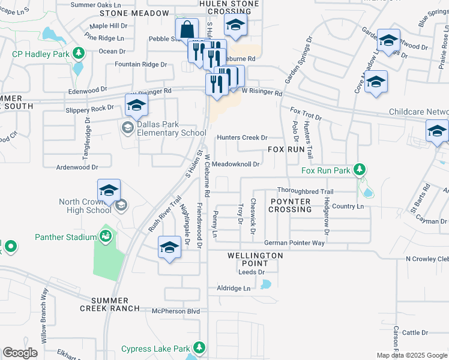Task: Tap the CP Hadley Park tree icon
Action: pyautogui.click(x=78, y=53)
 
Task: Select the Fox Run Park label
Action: pyautogui.click(x=326, y=171)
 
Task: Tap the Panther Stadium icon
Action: pyautogui.click(x=106, y=236)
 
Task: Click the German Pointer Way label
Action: pyautogui.click(x=294, y=243)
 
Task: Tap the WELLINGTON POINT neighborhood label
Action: pyautogui.click(x=255, y=259)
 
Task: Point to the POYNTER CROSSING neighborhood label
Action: pyautogui.click(x=291, y=205)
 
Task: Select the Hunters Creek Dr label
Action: pyautogui.click(x=242, y=137)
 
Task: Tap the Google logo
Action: pyautogui.click(x=20, y=353)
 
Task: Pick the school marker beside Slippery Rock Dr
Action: pyautogui.click(x=136, y=106)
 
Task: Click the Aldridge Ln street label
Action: pyautogui.click(x=234, y=289)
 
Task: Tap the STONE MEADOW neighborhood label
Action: pyautogui.click(x=134, y=13)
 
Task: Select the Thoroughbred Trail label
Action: pyautogui.click(x=305, y=191)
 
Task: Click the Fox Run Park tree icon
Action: pyautogui.click(x=360, y=170)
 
